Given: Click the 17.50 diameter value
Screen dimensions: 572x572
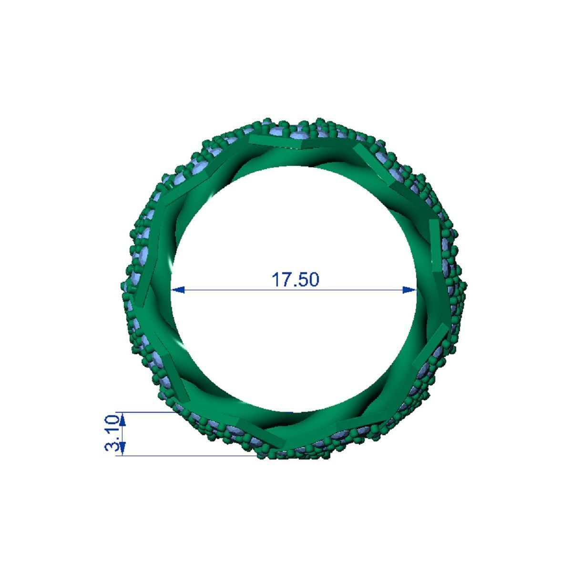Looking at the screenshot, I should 295,280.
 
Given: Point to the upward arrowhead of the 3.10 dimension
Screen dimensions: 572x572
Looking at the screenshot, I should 123,419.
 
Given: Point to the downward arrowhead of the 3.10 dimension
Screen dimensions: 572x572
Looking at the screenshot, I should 123,449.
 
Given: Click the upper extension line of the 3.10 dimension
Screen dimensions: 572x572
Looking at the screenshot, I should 148,412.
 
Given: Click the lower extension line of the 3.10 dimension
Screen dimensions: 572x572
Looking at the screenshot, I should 191,456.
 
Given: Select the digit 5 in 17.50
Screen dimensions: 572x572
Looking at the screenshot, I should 301,280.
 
